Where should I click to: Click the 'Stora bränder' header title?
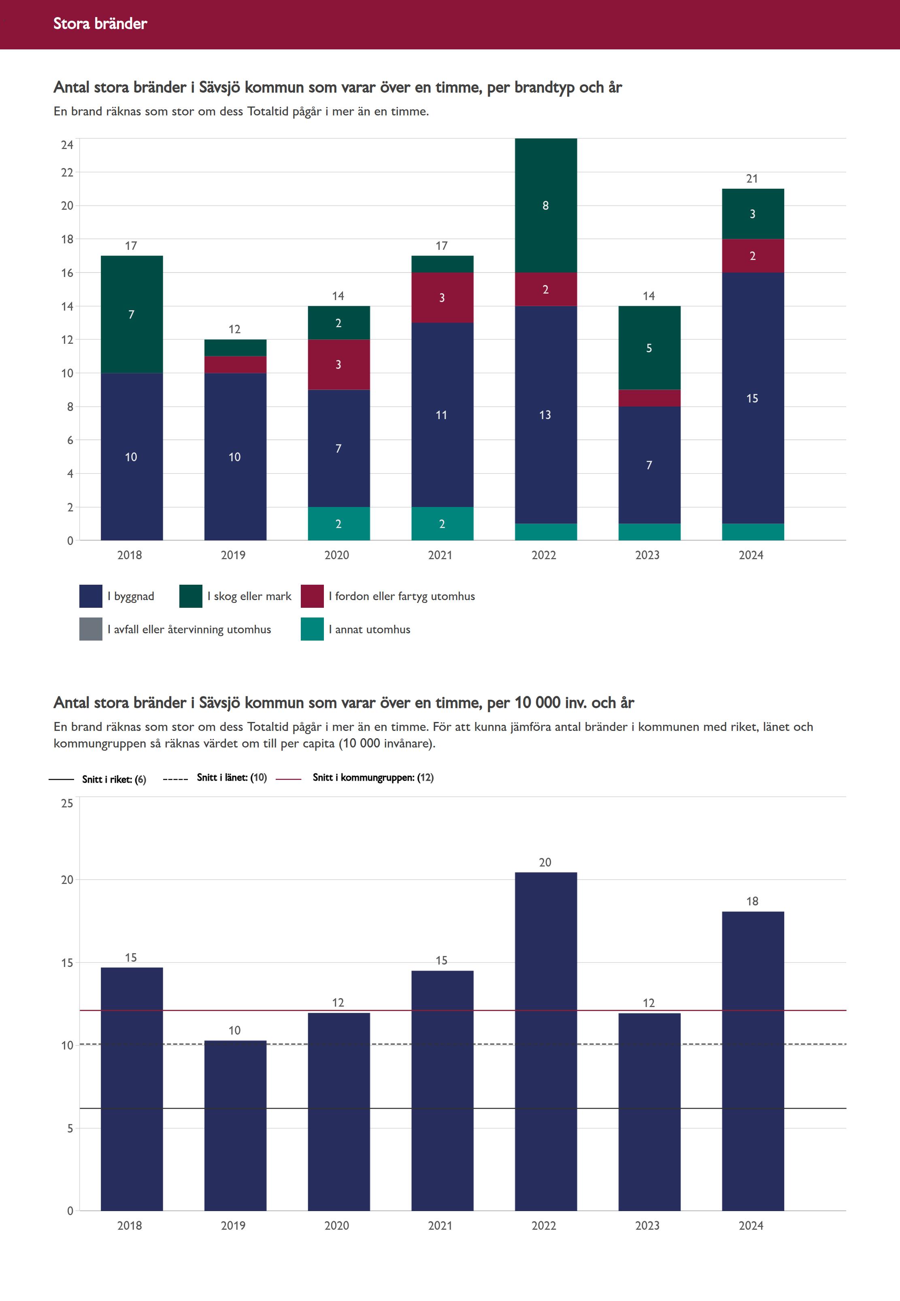[x=100, y=23]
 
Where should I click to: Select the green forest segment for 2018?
[x=132, y=314]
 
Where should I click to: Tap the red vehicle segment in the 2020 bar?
[x=338, y=364]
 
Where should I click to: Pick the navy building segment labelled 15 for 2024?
[x=752, y=398]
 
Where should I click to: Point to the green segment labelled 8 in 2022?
[x=545, y=205]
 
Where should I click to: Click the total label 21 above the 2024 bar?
[x=752, y=179]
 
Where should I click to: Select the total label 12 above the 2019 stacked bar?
[x=234, y=329]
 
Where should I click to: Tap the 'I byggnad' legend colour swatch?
[x=91, y=596]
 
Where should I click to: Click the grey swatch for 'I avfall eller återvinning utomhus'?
[x=91, y=629]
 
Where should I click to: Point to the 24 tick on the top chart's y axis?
[x=67, y=145]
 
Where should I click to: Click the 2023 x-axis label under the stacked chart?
[x=647, y=555]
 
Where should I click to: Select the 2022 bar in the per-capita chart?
[x=545, y=1043]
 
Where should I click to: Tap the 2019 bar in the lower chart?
[x=234, y=1128]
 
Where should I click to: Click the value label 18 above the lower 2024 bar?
[x=752, y=901]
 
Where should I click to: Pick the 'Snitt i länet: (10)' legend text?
[x=231, y=778]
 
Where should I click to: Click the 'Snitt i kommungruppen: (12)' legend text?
[x=373, y=778]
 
